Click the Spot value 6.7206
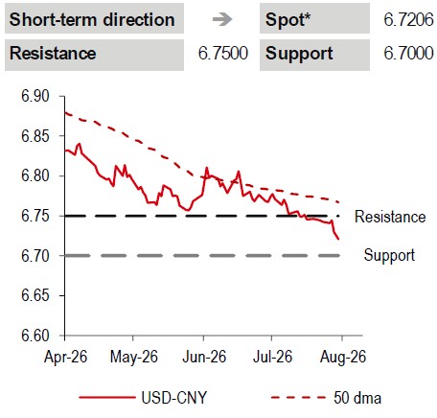pyautogui.click(x=408, y=20)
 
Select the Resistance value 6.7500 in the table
pyautogui.click(x=223, y=53)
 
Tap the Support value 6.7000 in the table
pyautogui.click(x=408, y=53)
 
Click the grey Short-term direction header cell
pyautogui.click(x=94, y=18)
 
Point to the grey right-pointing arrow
pyautogui.click(x=222, y=19)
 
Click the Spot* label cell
pyautogui.click(x=314, y=18)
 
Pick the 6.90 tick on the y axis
pyautogui.click(x=35, y=96)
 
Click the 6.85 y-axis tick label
pyautogui.click(x=35, y=136)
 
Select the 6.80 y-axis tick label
pyautogui.click(x=35, y=175)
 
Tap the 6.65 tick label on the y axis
pyautogui.click(x=35, y=295)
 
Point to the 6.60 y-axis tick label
pyautogui.click(x=35, y=336)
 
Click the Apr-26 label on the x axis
pyautogui.click(x=65, y=357)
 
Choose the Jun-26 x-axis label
pyautogui.click(x=204, y=357)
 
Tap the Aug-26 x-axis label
pyautogui.click(x=343, y=357)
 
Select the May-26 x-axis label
pyautogui.click(x=134, y=357)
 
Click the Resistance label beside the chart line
pyautogui.click(x=390, y=217)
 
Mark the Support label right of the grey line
pyautogui.click(x=389, y=256)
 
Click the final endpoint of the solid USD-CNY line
pyautogui.click(x=338, y=239)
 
